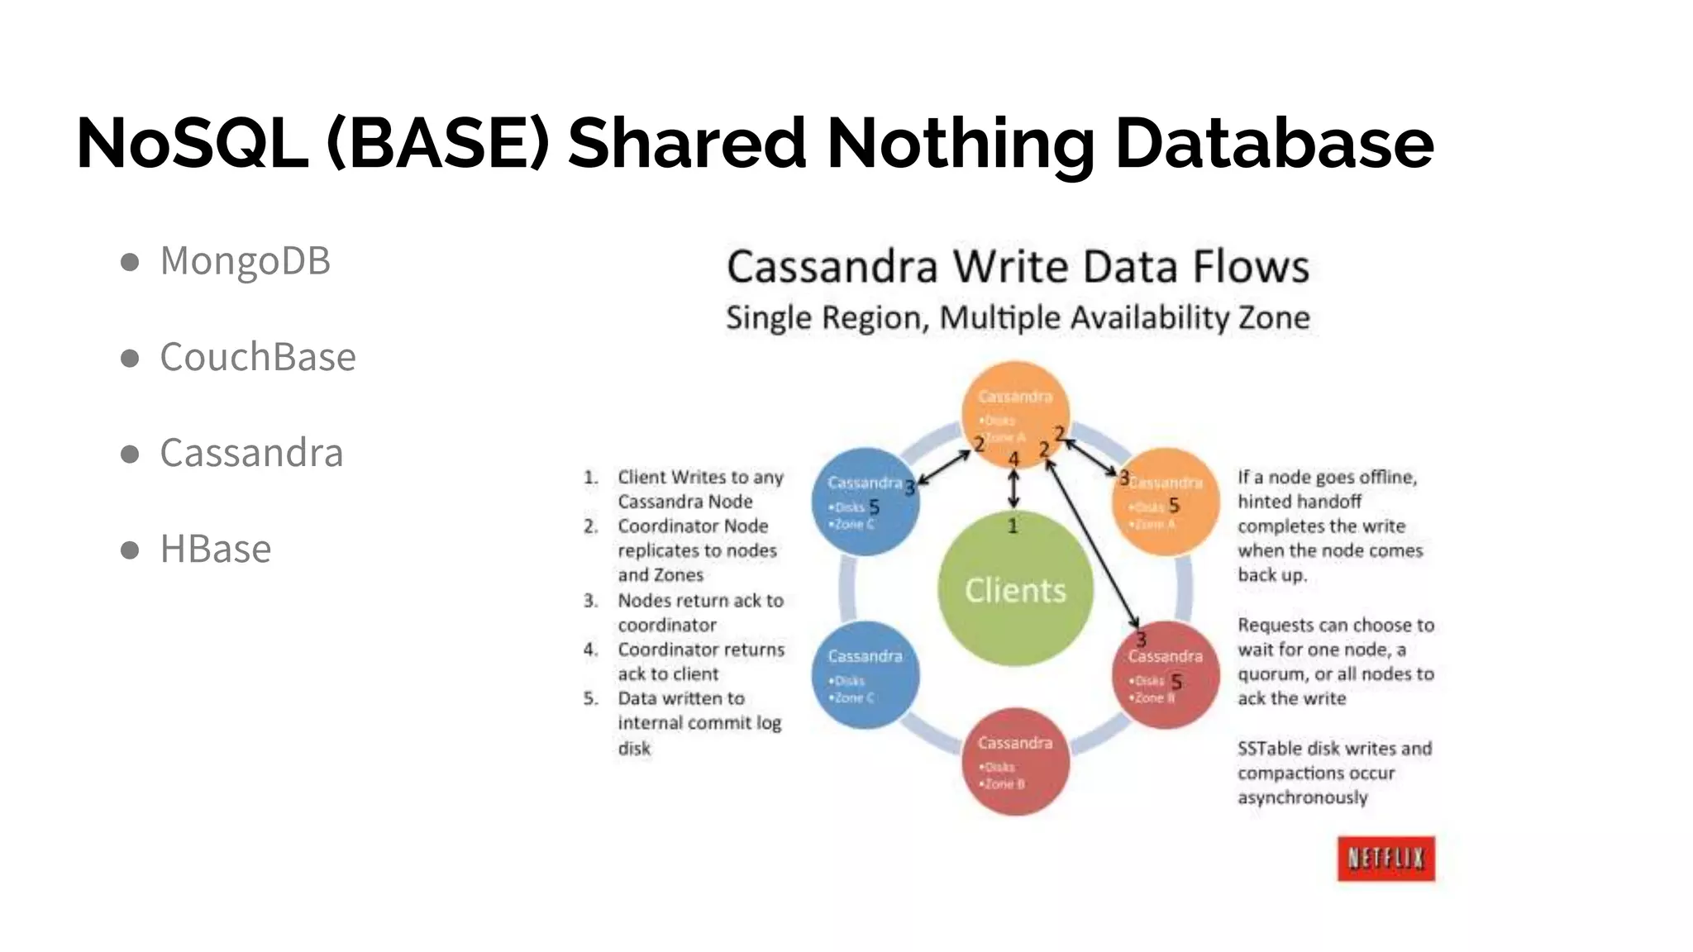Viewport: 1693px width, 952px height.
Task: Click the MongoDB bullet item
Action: pos(245,261)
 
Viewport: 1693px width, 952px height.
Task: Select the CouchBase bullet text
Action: pos(257,357)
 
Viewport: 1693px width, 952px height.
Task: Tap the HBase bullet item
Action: pos(215,549)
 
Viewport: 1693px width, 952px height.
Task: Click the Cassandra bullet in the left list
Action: pos(250,453)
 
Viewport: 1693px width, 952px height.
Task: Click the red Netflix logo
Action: pos(1385,859)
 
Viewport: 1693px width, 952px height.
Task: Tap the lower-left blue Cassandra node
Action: pos(865,675)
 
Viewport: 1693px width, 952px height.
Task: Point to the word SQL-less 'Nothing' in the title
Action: pos(961,143)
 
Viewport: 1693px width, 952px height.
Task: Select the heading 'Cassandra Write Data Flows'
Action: pos(1018,267)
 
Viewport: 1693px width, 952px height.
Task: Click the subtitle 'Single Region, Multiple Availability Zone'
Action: pos(1018,318)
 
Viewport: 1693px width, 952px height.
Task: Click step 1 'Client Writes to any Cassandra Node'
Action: pos(699,489)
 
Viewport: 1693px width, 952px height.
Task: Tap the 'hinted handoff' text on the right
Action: pos(1299,502)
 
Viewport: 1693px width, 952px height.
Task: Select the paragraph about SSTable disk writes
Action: pos(1333,773)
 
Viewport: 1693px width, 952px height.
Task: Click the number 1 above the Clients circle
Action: pos(1013,526)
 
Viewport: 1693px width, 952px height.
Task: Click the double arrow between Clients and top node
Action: pos(1013,488)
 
